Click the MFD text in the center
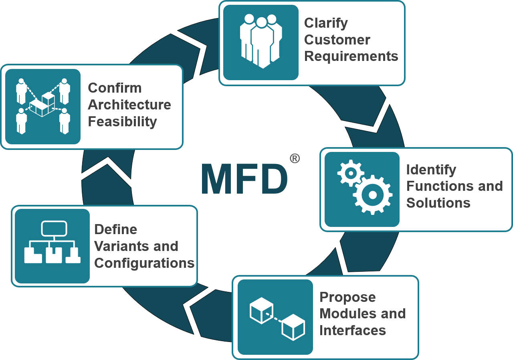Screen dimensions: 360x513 (244, 179)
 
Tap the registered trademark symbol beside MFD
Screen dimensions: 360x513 (295, 159)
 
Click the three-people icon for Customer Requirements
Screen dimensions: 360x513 (261, 42)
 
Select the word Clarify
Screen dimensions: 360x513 (326, 23)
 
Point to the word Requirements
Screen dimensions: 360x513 (351, 56)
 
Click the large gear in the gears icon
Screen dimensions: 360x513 (372, 195)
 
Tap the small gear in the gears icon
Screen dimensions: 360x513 (351, 173)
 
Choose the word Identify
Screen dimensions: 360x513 (431, 170)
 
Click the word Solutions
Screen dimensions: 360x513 (438, 203)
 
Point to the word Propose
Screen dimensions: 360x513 (347, 297)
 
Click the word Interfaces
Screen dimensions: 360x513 (352, 330)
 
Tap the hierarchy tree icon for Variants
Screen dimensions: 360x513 (52, 242)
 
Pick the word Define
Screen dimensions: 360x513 (115, 229)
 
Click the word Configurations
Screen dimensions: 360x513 (144, 263)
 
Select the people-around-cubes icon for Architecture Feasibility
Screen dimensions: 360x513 (43, 106)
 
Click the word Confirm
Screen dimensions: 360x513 (115, 88)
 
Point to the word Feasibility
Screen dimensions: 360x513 (122, 121)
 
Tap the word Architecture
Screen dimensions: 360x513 (129, 105)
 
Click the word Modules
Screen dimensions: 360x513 (348, 313)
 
